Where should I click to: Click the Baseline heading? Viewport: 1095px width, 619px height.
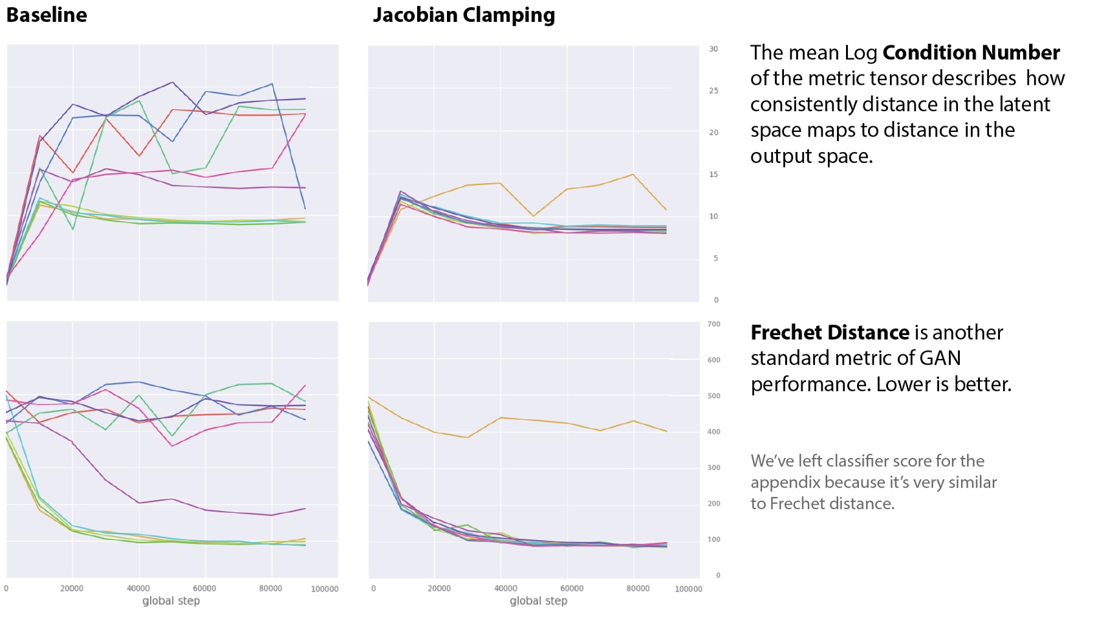(47, 15)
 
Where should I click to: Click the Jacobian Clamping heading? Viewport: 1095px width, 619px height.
(464, 15)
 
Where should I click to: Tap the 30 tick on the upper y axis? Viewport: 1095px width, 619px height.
(713, 49)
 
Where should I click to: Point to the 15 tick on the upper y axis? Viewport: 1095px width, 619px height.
(713, 175)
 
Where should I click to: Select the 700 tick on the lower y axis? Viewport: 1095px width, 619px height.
(713, 324)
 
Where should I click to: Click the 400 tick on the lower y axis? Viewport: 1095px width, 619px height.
(713, 431)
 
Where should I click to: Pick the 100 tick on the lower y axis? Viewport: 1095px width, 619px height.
(713, 539)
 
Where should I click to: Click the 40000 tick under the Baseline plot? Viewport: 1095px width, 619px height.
(138, 589)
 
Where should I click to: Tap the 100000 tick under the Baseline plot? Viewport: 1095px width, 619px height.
(324, 589)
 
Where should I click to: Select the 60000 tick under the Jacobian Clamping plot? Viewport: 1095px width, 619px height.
(571, 589)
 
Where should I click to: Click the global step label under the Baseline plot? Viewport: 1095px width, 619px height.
(171, 601)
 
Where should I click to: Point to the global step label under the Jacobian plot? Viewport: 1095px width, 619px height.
(538, 601)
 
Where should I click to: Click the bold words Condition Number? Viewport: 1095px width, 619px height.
(971, 52)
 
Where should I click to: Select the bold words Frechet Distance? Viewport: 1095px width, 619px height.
(830, 332)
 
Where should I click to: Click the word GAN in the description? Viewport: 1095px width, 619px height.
(940, 358)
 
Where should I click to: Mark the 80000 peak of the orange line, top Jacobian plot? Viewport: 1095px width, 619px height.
(633, 175)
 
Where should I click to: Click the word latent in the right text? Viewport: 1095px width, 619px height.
(1025, 104)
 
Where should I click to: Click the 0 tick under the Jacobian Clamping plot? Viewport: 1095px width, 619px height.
(373, 589)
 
